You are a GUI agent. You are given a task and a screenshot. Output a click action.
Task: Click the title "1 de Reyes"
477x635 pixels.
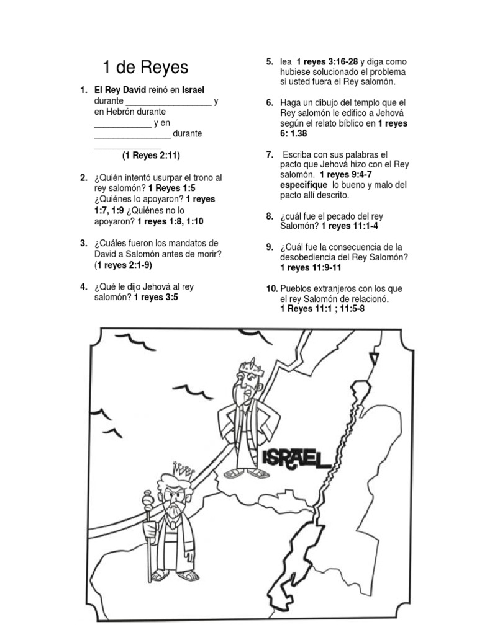click(145, 67)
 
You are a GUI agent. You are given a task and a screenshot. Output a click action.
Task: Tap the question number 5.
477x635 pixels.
click(270, 61)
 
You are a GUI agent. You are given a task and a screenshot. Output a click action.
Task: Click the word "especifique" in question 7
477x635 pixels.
click(304, 185)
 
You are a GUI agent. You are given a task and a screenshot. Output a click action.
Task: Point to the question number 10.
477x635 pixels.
click(271, 288)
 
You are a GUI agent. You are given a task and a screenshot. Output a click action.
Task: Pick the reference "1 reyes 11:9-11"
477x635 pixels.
click(311, 267)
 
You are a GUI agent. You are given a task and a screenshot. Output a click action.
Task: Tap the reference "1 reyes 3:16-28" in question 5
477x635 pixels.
click(327, 61)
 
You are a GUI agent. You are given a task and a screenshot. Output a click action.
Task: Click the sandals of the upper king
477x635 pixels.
click(247, 473)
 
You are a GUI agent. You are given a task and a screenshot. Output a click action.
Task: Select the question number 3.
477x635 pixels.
click(83, 243)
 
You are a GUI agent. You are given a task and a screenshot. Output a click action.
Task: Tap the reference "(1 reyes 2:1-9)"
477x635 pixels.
click(123, 265)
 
